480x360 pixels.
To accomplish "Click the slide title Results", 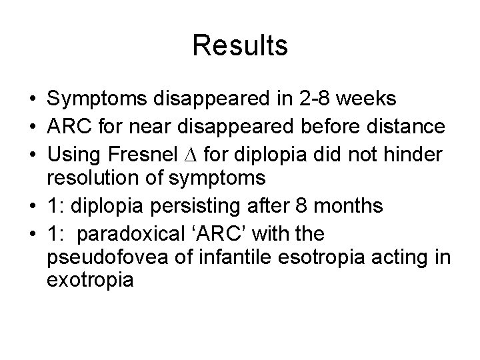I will (240, 45).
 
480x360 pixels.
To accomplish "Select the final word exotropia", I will (91, 281).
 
